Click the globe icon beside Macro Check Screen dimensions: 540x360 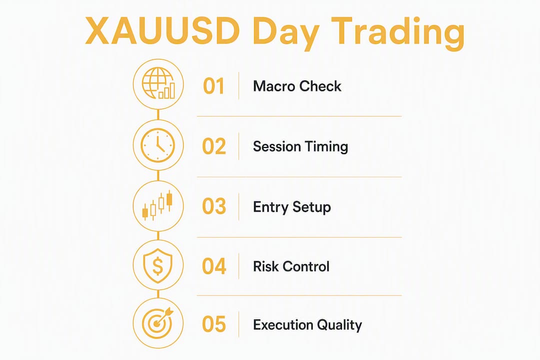(158, 83)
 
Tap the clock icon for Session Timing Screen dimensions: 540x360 (158, 145)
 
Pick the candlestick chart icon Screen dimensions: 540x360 (157, 205)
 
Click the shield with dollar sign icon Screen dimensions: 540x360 (157, 265)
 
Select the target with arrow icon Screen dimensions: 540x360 (158, 323)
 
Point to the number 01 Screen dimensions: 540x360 (213, 86)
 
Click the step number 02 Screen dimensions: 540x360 (214, 146)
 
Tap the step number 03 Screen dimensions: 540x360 (214, 206)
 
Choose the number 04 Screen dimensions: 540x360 (214, 266)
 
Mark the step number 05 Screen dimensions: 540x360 (214, 324)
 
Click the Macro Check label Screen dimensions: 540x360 (297, 86)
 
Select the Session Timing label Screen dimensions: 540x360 (300, 147)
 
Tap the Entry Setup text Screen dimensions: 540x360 (292, 207)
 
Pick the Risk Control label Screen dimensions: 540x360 (291, 266)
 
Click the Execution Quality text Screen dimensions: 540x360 (307, 325)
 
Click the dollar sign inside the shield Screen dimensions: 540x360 (157, 266)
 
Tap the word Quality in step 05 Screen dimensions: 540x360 (339, 325)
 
